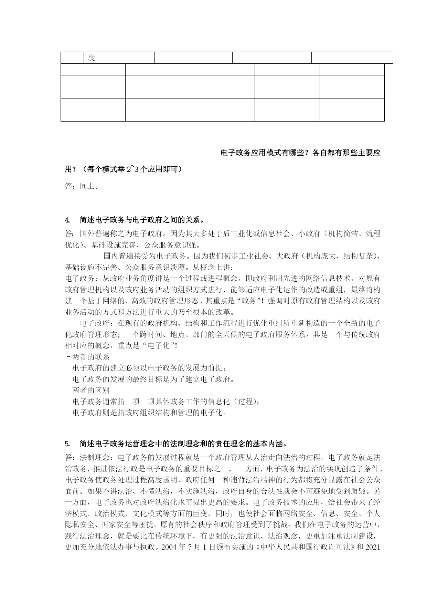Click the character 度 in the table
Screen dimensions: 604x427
click(x=91, y=58)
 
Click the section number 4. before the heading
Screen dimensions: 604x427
click(x=67, y=220)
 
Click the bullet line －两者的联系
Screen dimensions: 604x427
click(x=87, y=357)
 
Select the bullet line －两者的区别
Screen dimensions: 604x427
click(x=87, y=390)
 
